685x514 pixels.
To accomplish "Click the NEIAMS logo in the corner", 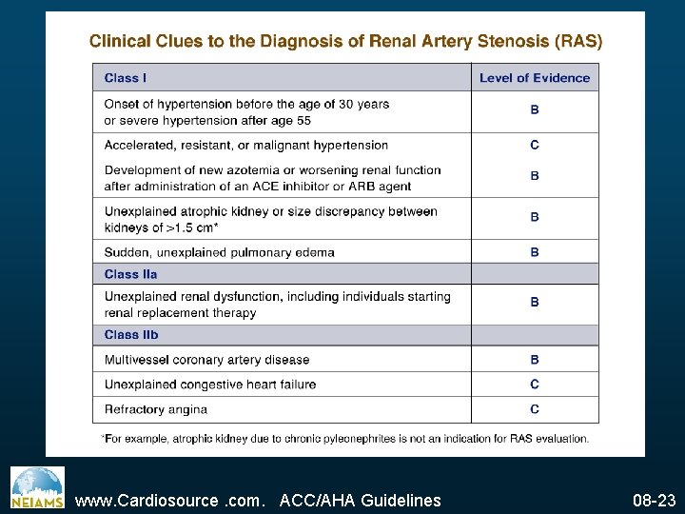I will click(x=37, y=487).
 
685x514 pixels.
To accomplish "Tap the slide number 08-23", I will click(x=654, y=500).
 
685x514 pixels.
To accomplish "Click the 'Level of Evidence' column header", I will click(x=535, y=78).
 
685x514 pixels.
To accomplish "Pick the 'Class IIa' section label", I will click(x=130, y=274).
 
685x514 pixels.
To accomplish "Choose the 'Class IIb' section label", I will click(x=131, y=334).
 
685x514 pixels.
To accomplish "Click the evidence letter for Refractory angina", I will click(x=535, y=409).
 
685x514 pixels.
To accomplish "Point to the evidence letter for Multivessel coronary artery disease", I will click(x=535, y=360).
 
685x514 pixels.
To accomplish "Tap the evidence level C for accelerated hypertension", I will click(x=535, y=145).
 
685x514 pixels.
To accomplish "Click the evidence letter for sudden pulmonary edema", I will click(x=535, y=252).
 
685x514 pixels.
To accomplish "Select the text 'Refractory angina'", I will click(x=156, y=409).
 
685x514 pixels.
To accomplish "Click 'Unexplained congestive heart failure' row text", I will click(x=210, y=385).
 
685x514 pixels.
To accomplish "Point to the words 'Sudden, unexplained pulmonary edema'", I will click(x=220, y=252).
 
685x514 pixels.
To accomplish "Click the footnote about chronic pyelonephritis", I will click(x=344, y=438).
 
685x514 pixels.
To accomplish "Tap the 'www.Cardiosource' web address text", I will click(x=147, y=500).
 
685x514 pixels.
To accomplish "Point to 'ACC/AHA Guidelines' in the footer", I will click(x=361, y=500).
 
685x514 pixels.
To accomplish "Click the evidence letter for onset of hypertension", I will click(x=535, y=110).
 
